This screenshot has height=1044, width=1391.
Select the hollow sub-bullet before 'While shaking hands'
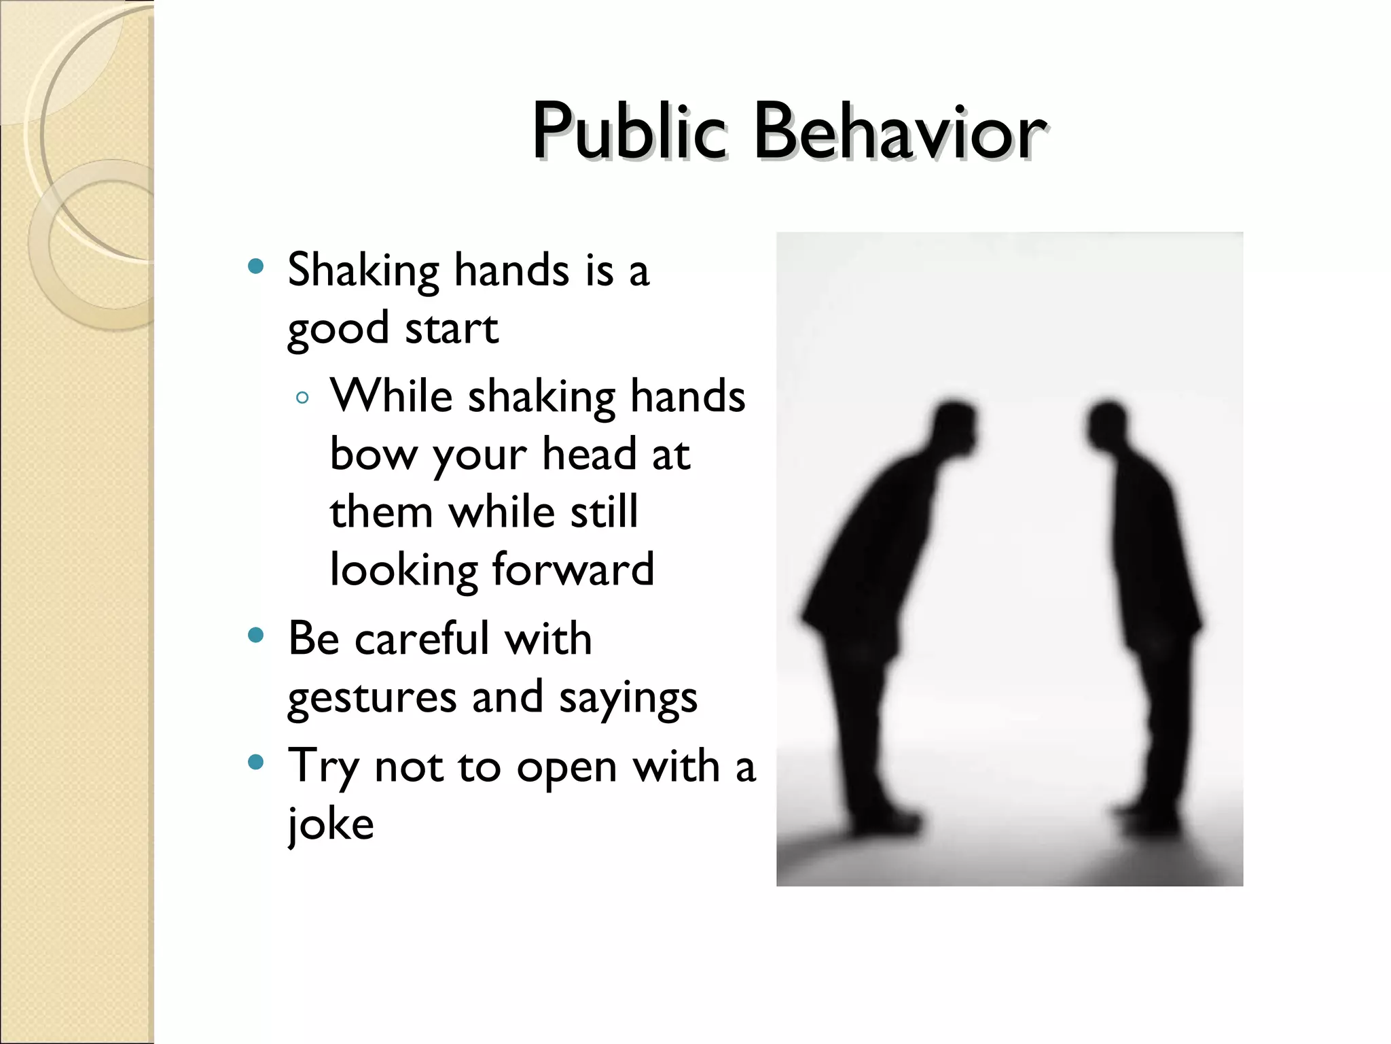[x=303, y=398]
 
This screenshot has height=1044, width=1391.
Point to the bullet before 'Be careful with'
[x=255, y=636]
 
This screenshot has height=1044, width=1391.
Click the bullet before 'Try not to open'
[x=255, y=762]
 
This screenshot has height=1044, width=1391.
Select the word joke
[x=331, y=824]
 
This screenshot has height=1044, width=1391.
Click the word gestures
[x=372, y=698]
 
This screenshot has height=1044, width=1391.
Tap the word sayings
[x=628, y=698]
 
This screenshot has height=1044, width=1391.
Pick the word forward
[x=573, y=570]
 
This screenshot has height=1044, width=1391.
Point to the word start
[x=452, y=329]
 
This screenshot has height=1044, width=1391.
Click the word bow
[x=373, y=455]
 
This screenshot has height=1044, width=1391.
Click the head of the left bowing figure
[x=954, y=425]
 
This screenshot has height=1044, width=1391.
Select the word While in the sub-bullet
[x=391, y=396]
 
